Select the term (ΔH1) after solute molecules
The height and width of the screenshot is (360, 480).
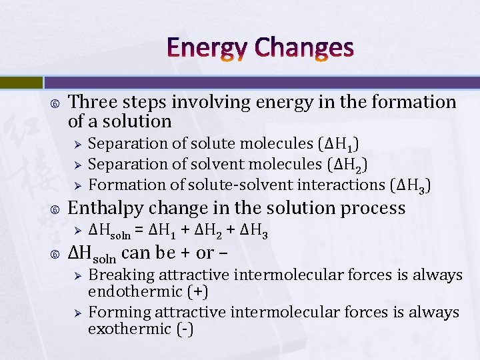coord(339,144)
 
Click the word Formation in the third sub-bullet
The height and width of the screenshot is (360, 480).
coord(119,184)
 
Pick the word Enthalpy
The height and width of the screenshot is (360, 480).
coord(102,208)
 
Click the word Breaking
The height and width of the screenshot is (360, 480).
coord(117,275)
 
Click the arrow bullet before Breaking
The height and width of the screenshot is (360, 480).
coord(77,275)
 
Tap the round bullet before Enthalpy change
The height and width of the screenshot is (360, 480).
coord(55,209)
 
